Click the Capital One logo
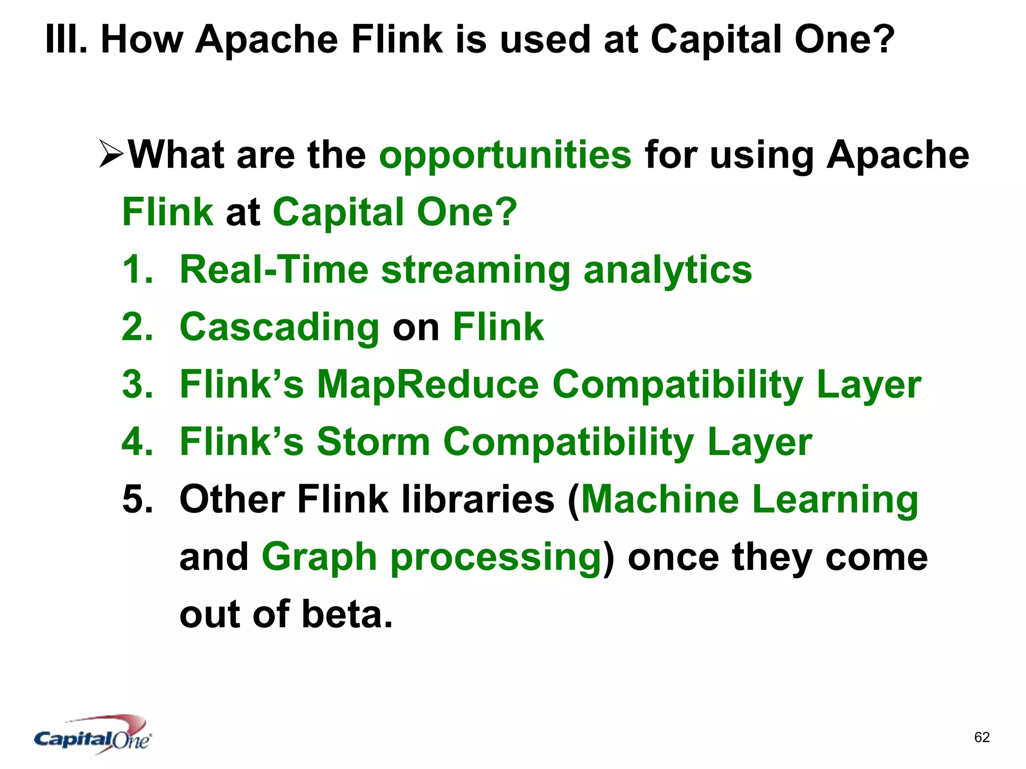93,735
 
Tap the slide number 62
981,737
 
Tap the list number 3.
137,384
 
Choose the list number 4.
137,442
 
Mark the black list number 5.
137,499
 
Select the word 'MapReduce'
428,384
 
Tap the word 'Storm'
373,442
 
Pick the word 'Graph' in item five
319,558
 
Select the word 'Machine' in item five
659,499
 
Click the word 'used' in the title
545,40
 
